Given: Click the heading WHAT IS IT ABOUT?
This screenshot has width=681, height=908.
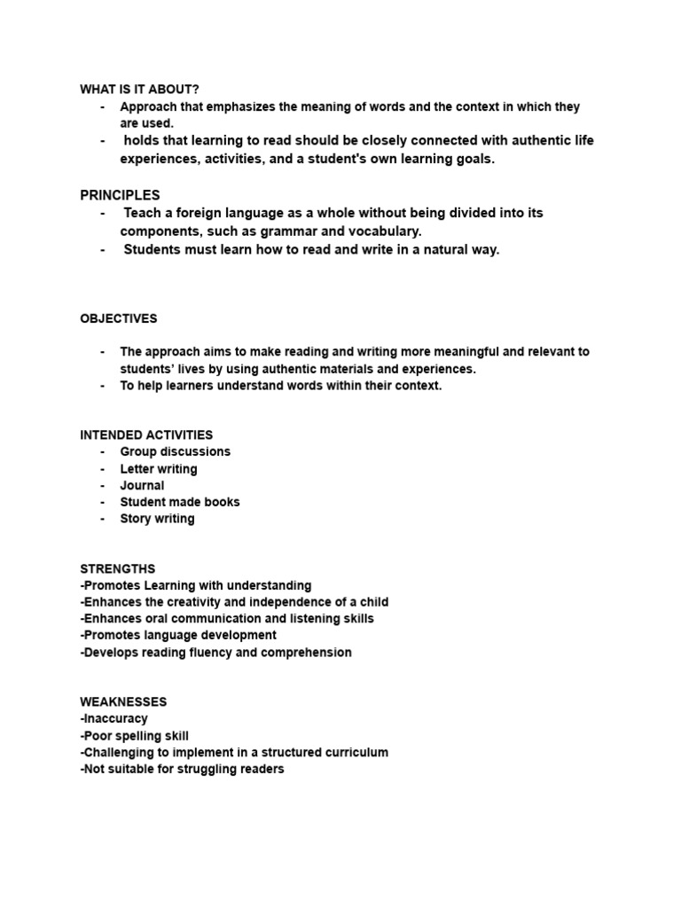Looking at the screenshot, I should (139, 90).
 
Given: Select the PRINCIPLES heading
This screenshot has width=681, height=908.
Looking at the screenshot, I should (120, 195).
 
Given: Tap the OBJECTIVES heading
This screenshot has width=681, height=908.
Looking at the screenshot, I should (118, 318).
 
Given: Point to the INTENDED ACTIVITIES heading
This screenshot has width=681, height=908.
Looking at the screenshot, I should (146, 435).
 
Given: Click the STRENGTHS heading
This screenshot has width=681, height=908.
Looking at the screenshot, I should (117, 569).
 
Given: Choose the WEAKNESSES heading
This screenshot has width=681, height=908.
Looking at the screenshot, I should (123, 702).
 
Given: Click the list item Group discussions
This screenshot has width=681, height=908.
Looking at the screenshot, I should (175, 452).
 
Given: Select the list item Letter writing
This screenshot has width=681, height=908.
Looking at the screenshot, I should (159, 469).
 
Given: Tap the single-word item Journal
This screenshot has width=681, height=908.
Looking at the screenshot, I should (142, 486).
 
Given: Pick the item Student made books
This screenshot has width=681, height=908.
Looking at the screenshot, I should (180, 502).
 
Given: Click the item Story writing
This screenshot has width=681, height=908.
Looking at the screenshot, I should (157, 519).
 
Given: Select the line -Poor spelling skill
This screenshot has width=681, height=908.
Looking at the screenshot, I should (134, 736).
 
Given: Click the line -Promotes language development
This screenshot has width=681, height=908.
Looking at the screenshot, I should (178, 636).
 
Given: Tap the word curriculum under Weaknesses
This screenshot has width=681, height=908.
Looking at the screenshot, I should (355, 753).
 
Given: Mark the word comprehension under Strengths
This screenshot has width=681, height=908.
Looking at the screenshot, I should (307, 653).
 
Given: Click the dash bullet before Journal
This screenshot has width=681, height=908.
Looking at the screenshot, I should (103, 486).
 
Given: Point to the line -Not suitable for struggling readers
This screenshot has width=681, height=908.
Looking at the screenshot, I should (182, 770).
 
